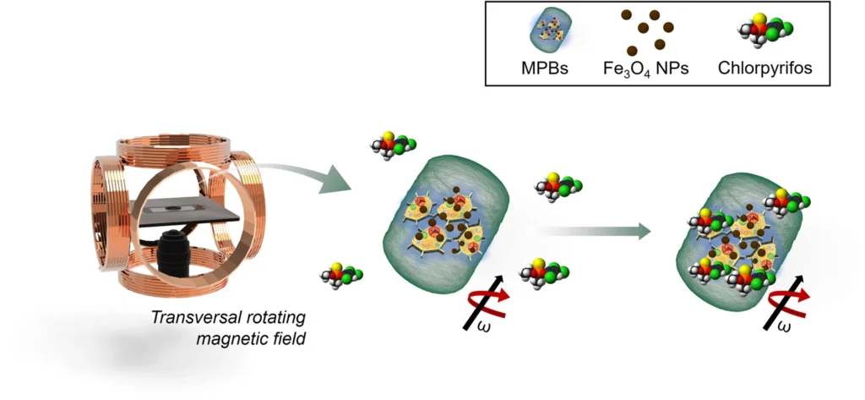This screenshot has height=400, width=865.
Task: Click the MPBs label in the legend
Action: click(x=545, y=68)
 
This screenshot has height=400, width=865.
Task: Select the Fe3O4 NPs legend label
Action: click(x=646, y=69)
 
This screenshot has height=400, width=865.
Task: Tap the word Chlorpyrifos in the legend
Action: click(x=765, y=68)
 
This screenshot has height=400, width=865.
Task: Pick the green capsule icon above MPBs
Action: click(x=545, y=32)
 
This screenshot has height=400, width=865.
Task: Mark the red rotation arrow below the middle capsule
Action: click(x=488, y=303)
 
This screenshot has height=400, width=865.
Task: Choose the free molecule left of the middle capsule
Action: click(x=342, y=274)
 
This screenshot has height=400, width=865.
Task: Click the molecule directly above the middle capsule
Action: click(x=393, y=145)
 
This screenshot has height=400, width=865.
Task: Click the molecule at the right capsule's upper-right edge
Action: click(x=786, y=203)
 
